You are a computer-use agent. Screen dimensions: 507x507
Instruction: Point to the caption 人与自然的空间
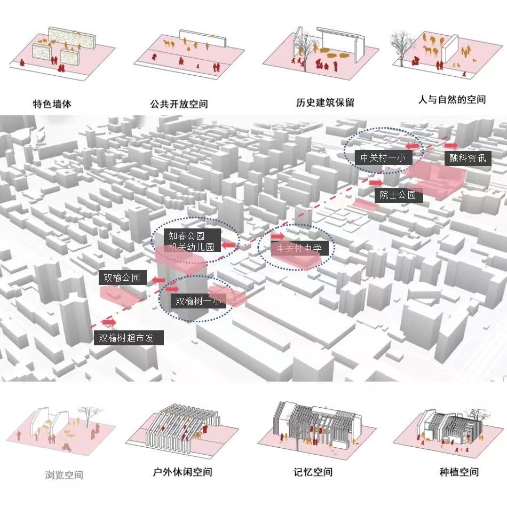pos(452,100)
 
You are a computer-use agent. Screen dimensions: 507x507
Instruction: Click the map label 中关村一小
pos(382,158)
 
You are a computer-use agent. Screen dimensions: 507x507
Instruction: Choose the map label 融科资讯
pos(468,159)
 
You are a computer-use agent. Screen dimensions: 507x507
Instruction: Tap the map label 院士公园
pos(398,195)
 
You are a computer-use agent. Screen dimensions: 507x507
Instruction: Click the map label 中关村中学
pos(299,248)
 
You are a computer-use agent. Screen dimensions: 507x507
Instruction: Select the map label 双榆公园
pos(122,278)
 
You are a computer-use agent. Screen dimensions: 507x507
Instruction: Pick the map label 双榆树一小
pos(198,301)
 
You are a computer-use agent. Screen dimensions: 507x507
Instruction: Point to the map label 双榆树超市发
pos(129,338)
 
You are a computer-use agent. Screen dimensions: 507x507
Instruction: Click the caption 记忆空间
pos(313,472)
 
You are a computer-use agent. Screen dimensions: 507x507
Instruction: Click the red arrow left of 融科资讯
pos(451,146)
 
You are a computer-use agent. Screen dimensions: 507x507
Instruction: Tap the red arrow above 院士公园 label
pos(383,183)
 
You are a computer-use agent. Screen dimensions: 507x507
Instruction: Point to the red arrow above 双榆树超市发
pos(109,322)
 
